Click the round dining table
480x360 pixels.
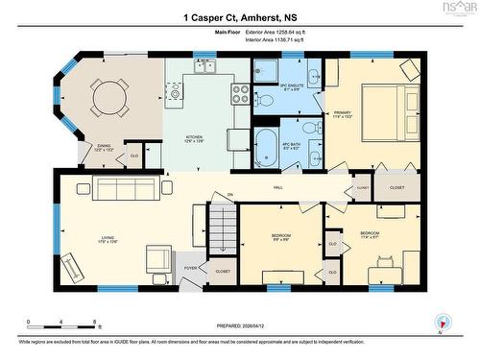pyautogui.click(x=108, y=96)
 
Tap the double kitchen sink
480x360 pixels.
pyautogui.click(x=204, y=67)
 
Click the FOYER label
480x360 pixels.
pyautogui.click(x=191, y=268)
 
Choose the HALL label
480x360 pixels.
pyautogui.click(x=277, y=187)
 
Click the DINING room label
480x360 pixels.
pyautogui.click(x=103, y=148)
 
